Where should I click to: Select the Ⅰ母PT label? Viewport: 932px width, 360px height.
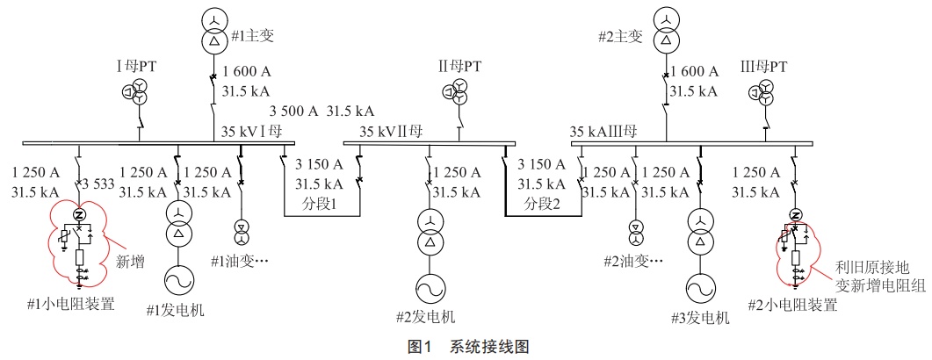pyautogui.click(x=136, y=66)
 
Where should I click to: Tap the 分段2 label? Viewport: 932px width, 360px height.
pyautogui.click(x=543, y=204)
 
